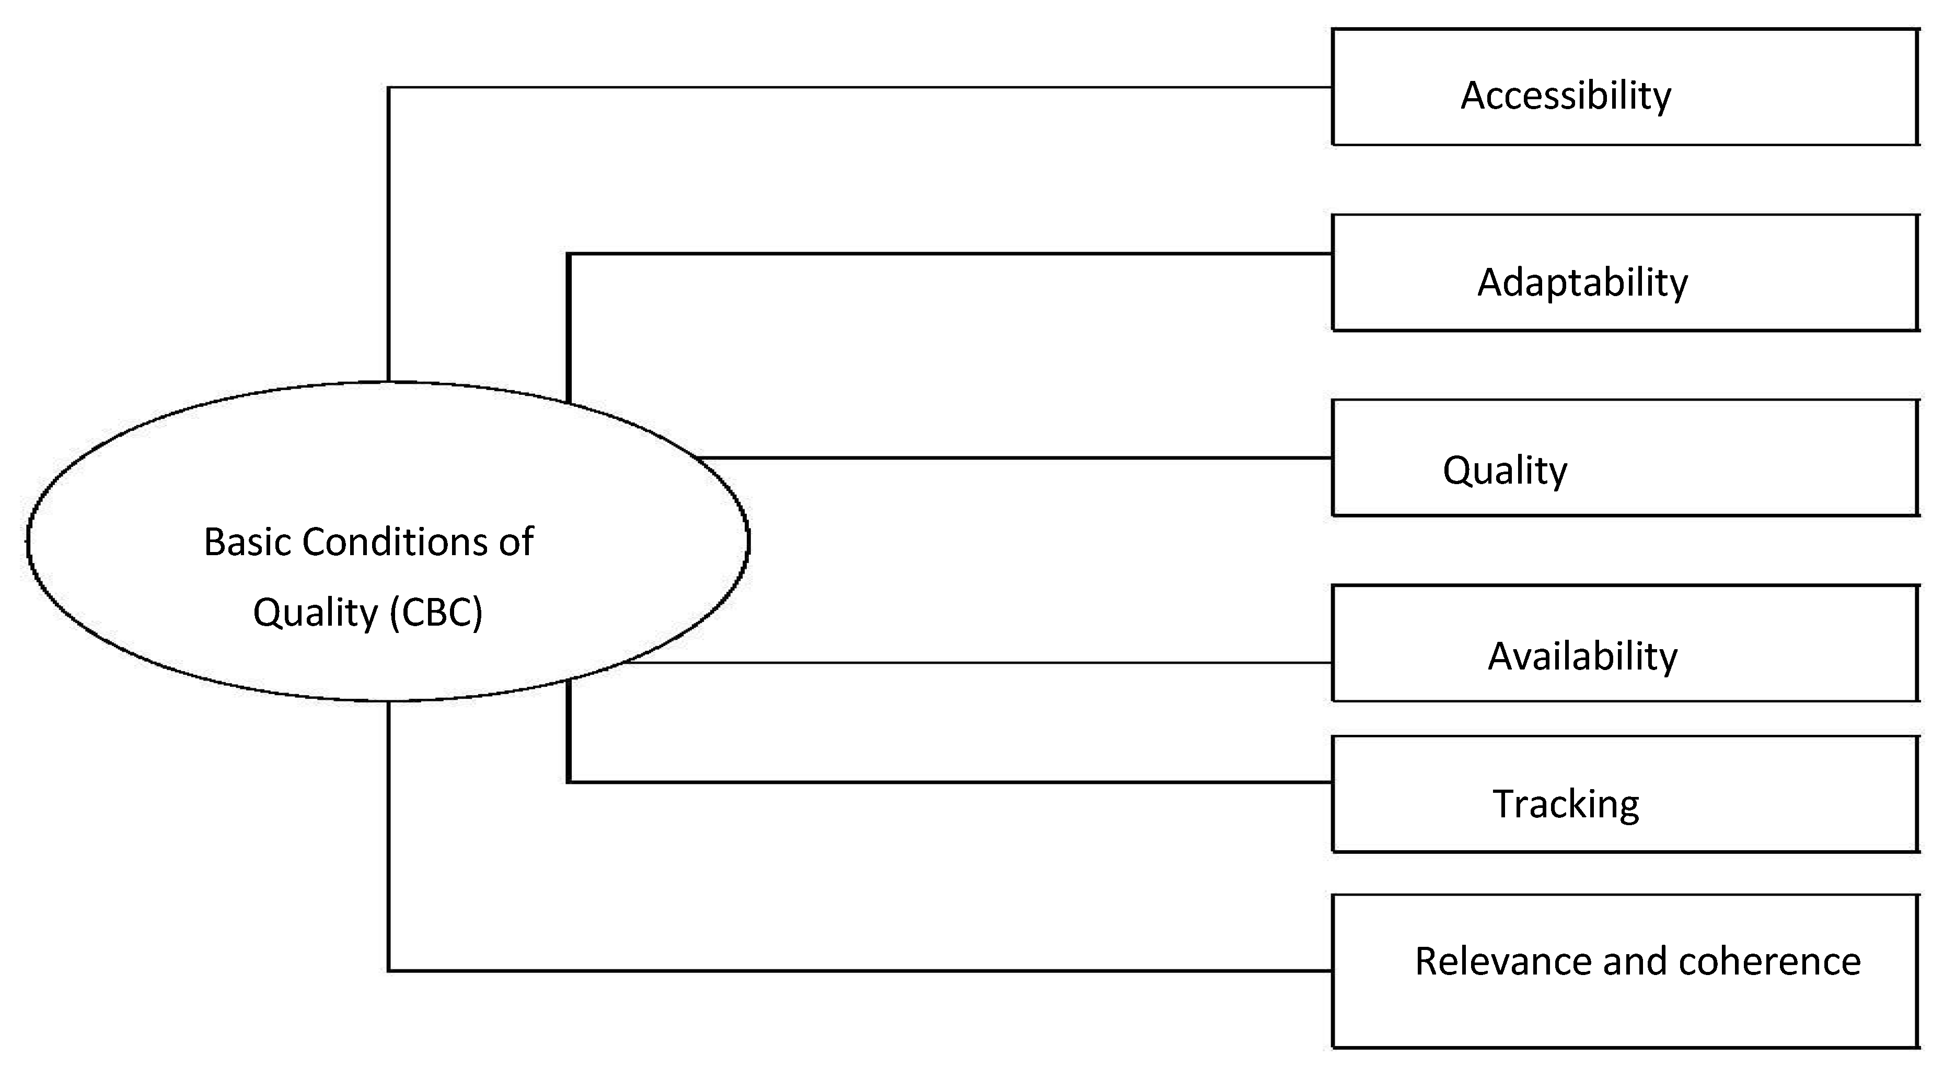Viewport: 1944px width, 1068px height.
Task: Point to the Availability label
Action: click(x=1582, y=656)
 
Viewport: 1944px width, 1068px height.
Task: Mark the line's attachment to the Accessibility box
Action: click(x=1332, y=88)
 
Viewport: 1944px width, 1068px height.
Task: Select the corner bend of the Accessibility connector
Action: click(x=389, y=88)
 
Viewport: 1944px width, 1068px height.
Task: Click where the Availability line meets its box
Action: click(x=1332, y=662)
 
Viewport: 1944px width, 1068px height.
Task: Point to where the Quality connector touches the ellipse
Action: click(x=699, y=458)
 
